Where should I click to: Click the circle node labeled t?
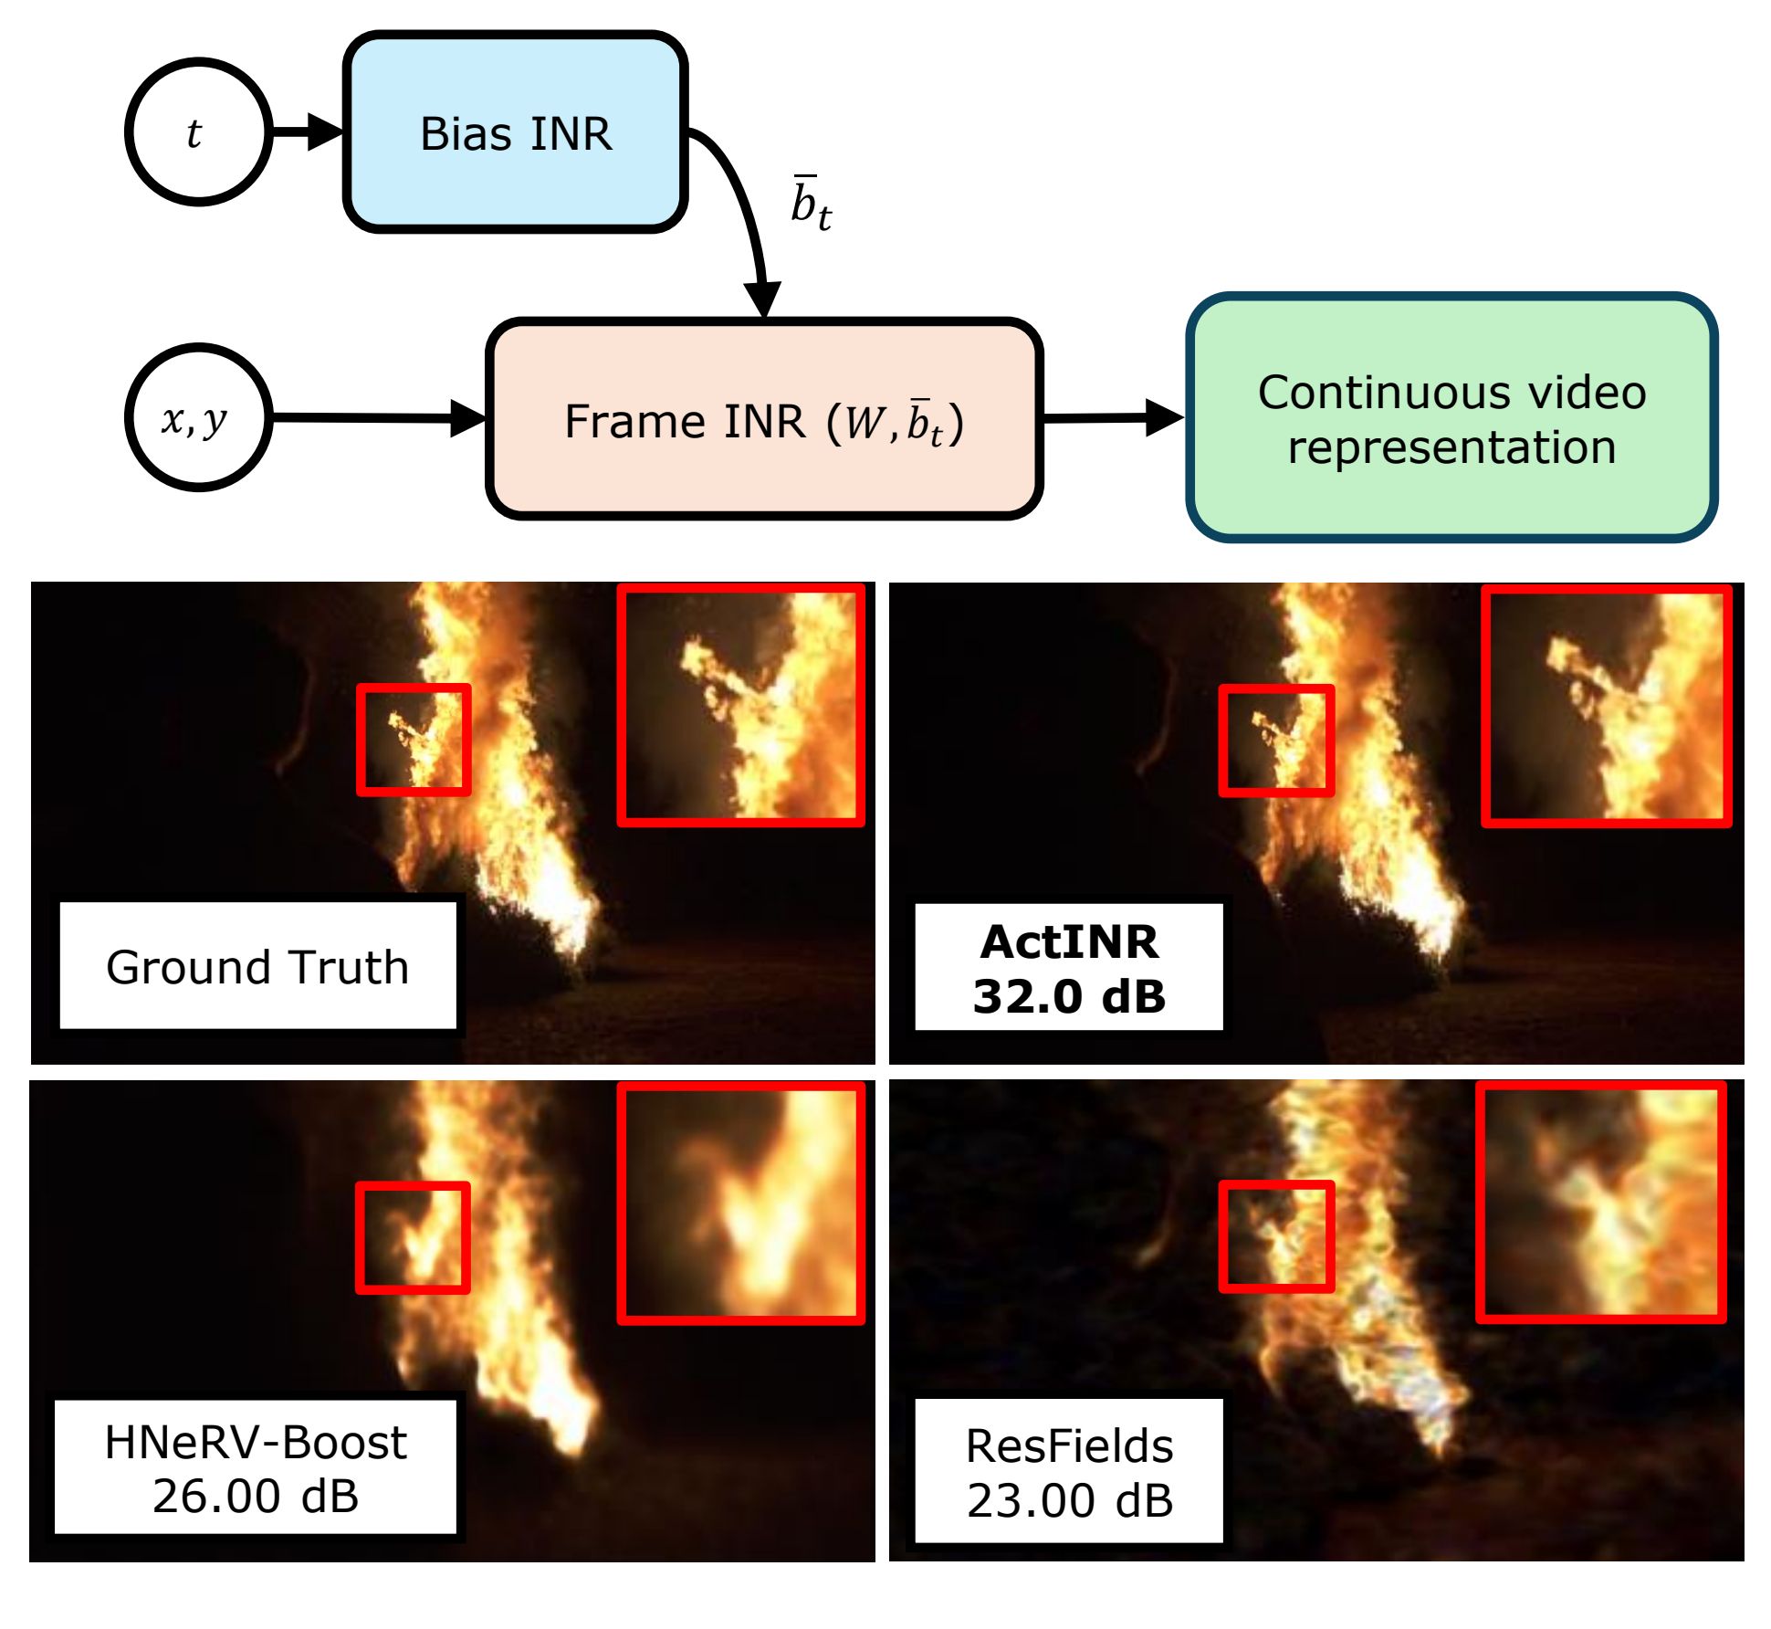point(199,132)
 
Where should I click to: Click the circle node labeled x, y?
point(199,417)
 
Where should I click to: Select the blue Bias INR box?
point(515,132)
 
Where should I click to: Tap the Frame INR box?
point(764,419)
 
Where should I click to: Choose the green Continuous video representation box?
point(1451,417)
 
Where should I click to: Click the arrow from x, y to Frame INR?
point(380,418)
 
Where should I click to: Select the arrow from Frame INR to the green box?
point(1114,417)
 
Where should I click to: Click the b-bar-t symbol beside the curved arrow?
point(811,203)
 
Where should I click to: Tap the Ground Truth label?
point(257,966)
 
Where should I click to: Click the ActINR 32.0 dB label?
point(1069,968)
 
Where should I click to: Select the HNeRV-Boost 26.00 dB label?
point(256,1467)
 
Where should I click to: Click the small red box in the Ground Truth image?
point(414,740)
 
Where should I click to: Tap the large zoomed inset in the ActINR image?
point(1607,707)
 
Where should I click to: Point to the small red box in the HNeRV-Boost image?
point(413,1237)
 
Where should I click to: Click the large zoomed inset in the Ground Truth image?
point(741,705)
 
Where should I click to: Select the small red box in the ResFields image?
point(1276,1236)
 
